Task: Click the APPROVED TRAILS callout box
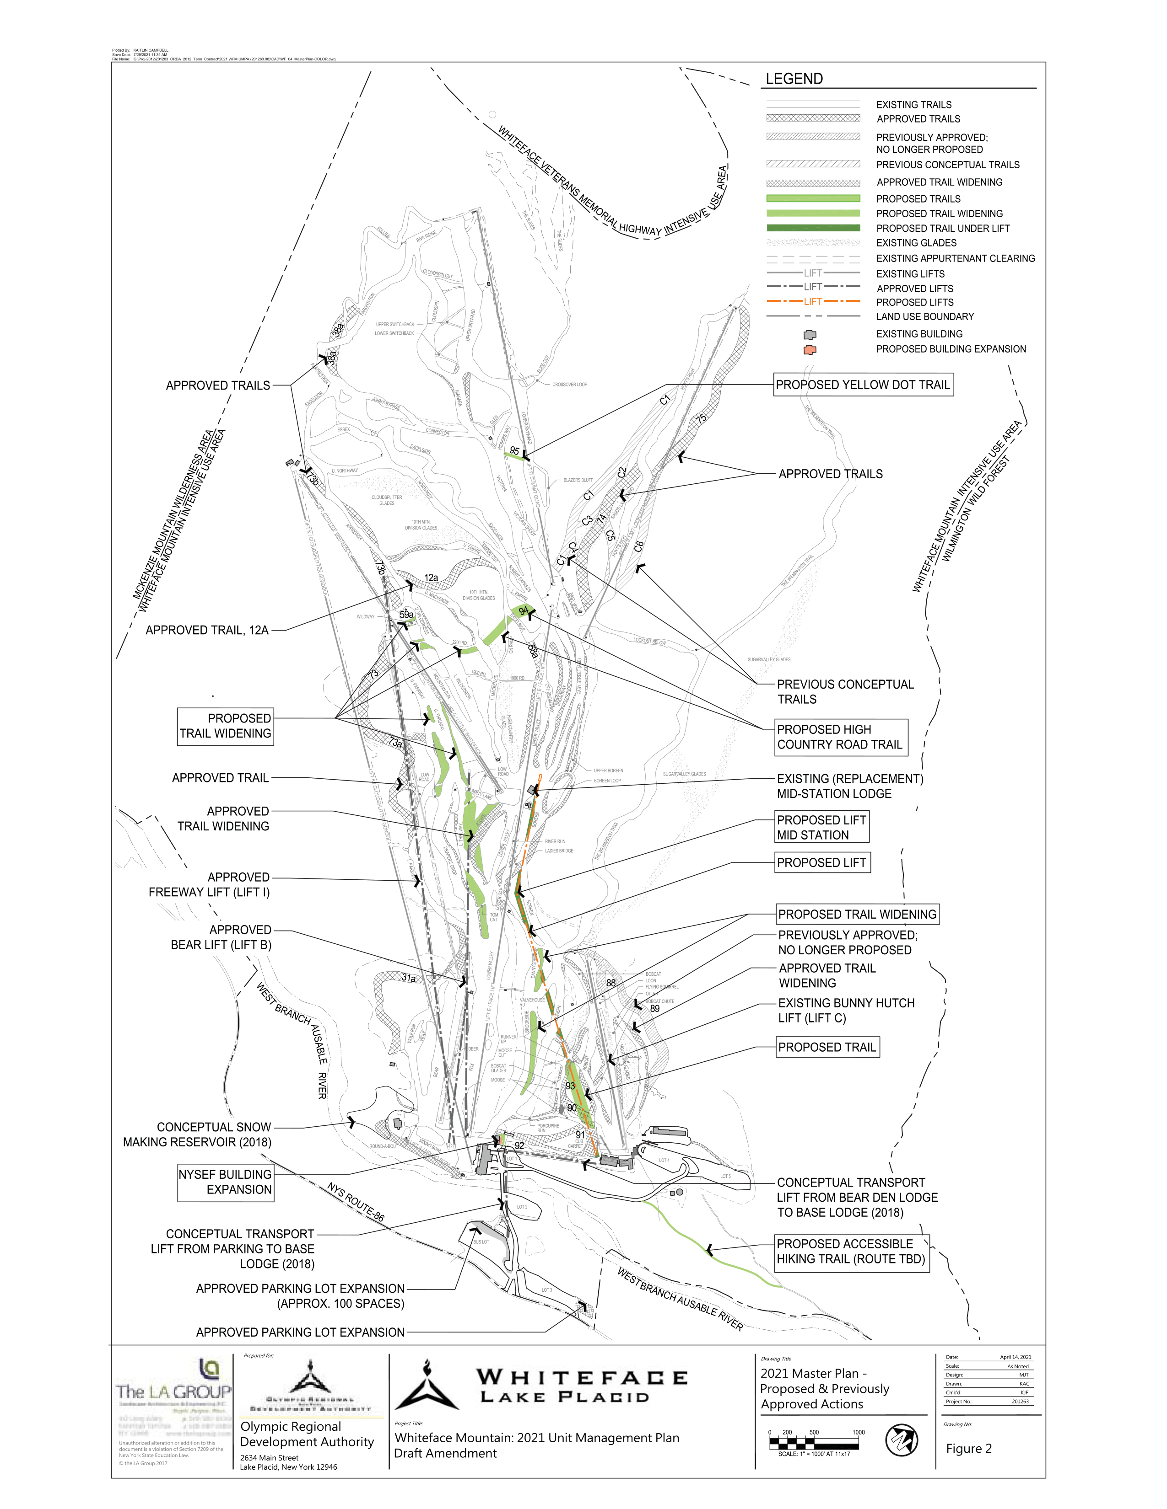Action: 205,385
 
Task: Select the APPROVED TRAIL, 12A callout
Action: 203,630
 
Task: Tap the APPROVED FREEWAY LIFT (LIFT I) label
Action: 196,885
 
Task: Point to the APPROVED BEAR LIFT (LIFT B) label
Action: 199,937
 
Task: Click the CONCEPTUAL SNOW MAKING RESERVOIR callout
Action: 196,1135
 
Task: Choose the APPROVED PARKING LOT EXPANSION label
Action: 299,1332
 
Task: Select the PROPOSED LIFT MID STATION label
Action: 821,828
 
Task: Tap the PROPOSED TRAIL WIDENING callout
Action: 857,914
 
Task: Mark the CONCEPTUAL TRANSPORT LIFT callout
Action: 861,1198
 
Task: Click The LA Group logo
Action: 173,1396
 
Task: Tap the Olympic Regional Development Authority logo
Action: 311,1386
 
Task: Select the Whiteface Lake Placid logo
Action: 540,1384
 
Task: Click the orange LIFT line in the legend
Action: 813,302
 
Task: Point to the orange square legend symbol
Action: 810,350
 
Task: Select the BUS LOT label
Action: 481,1241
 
